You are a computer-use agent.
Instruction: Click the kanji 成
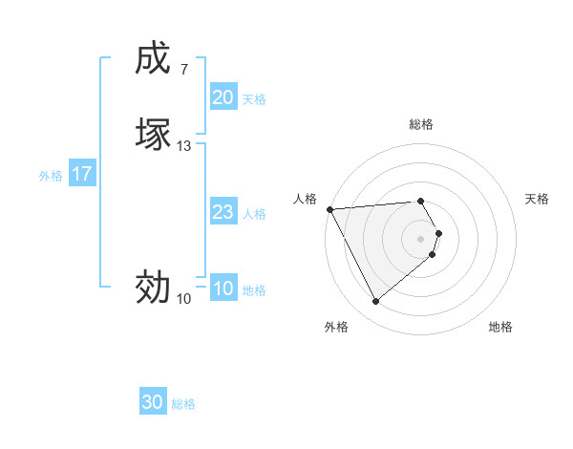152,59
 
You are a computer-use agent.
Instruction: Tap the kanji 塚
152,134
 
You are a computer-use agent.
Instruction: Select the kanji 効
152,286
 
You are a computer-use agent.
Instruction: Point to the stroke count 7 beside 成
183,70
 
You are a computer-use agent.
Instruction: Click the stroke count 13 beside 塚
183,146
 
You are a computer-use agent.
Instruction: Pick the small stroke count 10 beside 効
183,299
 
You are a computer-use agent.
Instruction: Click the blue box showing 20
223,97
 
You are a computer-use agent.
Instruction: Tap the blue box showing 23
223,212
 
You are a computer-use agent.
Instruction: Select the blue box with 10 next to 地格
223,289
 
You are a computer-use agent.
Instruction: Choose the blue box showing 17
82,174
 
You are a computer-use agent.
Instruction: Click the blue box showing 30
153,403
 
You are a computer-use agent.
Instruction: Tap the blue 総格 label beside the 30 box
183,404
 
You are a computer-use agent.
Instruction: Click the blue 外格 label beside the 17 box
51,175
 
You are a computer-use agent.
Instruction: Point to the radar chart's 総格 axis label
421,124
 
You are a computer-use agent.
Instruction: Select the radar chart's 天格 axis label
537,199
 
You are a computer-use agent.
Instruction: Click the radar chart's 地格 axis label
500,327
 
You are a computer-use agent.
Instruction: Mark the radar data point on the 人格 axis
329,209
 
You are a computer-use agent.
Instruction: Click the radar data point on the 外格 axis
375,302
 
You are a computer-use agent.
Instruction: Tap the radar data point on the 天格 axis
438,233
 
